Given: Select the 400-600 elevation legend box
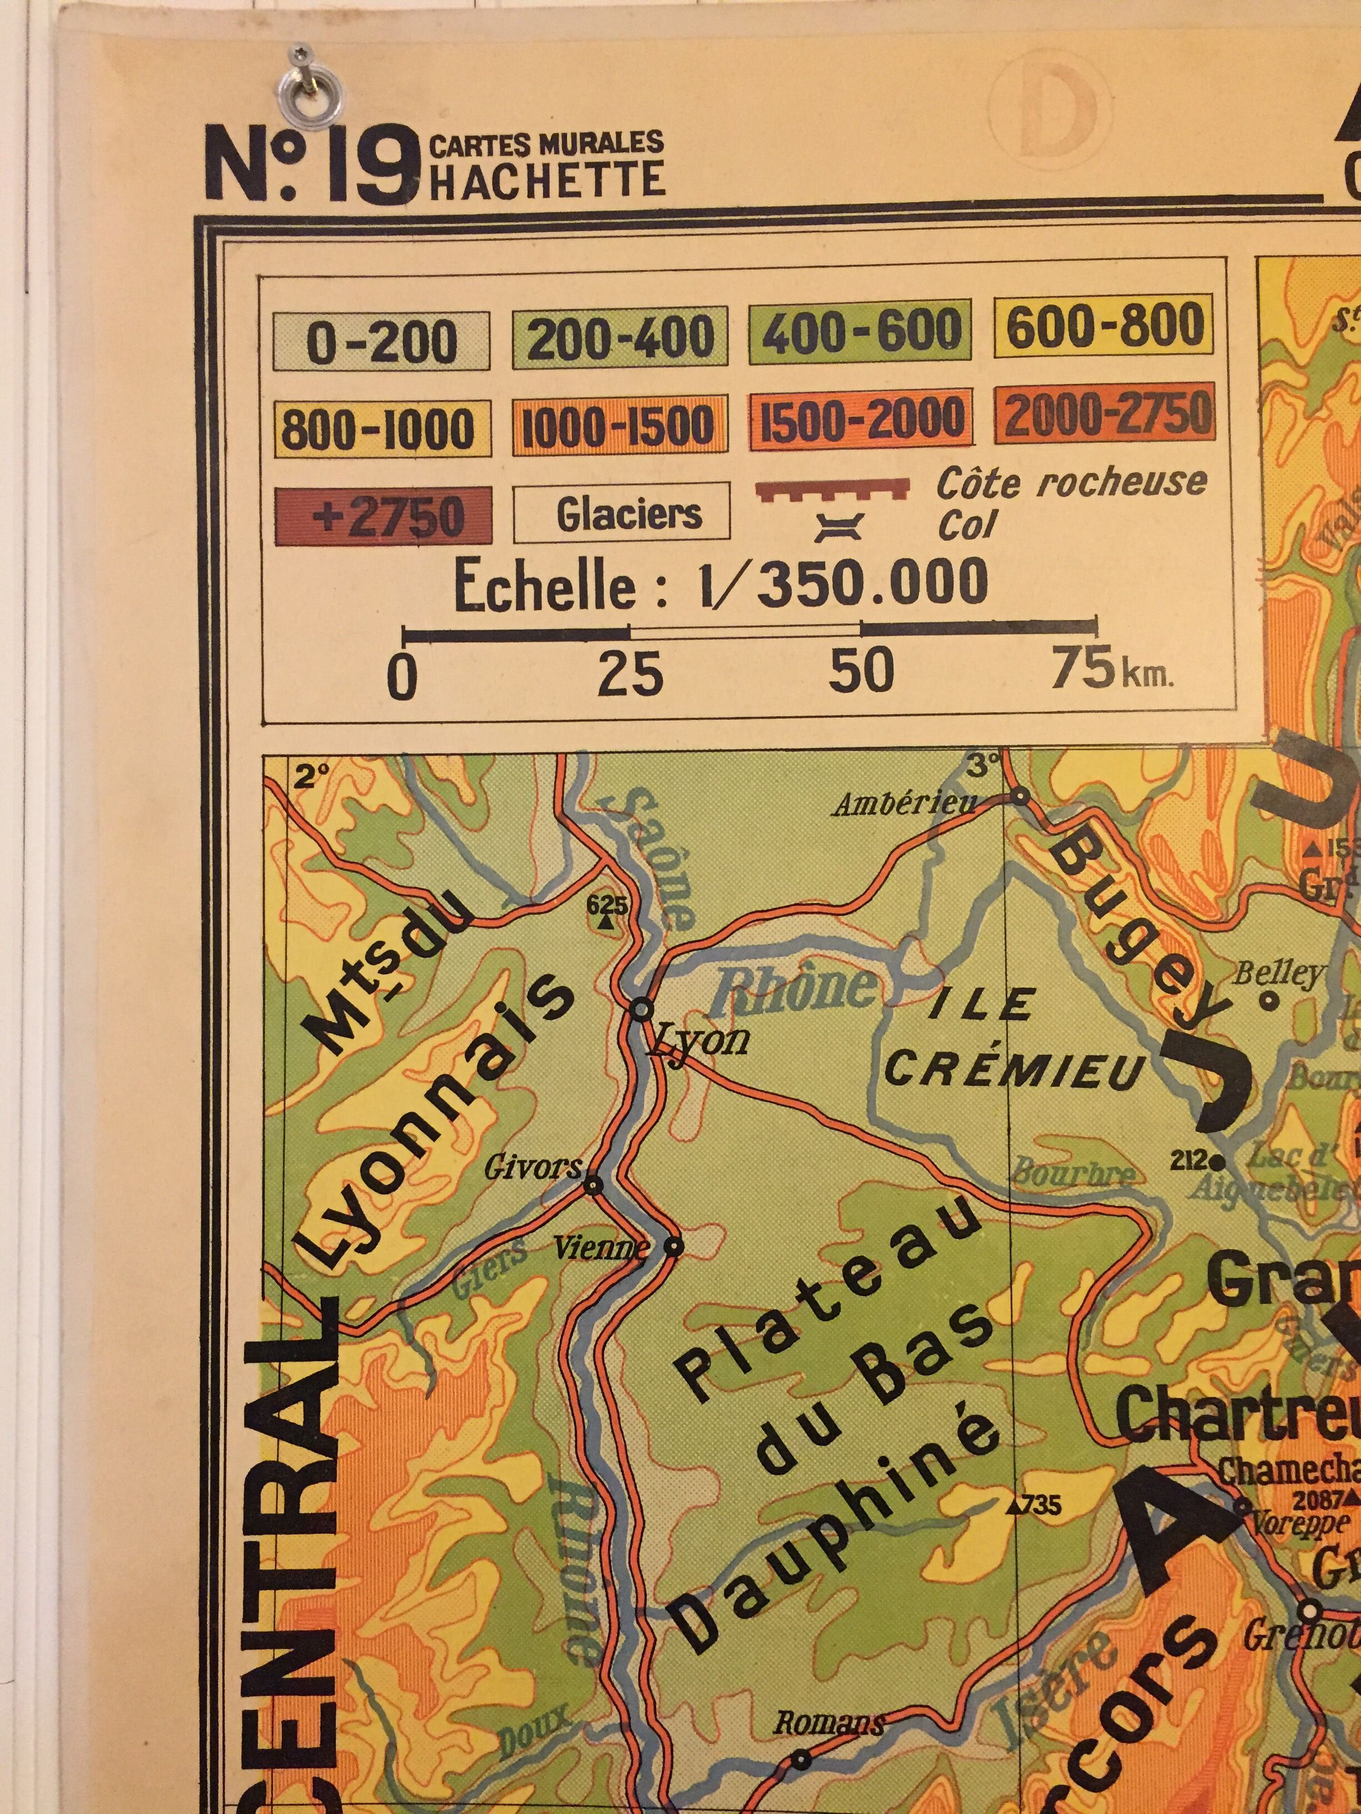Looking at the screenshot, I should (859, 331).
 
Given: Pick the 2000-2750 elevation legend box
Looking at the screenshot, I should (1104, 416).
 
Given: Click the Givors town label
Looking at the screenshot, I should (533, 1167).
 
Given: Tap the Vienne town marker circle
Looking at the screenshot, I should (673, 1247).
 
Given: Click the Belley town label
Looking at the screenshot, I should (1279, 974).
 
